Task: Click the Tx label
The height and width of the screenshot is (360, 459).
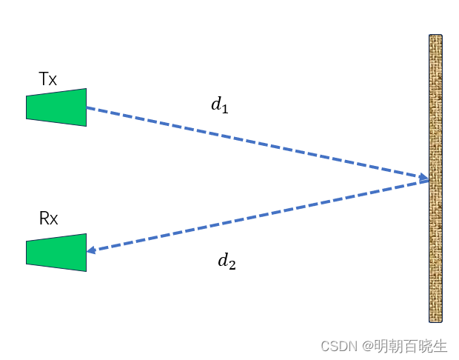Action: tap(48, 79)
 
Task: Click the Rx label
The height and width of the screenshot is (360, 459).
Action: tap(49, 218)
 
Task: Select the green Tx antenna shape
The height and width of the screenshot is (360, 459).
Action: tap(56, 107)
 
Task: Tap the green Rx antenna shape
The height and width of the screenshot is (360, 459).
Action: tap(56, 253)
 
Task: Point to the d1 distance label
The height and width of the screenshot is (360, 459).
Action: tap(219, 106)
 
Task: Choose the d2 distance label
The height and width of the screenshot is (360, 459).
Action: tap(226, 261)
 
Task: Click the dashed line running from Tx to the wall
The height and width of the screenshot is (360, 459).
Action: tap(252, 142)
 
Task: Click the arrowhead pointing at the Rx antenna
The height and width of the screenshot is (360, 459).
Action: tap(91, 250)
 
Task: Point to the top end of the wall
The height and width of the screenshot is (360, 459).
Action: tap(435, 37)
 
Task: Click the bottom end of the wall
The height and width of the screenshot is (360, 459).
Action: tap(435, 319)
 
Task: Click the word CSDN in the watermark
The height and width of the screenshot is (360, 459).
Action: tap(335, 346)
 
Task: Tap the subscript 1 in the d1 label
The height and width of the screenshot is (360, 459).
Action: tap(224, 110)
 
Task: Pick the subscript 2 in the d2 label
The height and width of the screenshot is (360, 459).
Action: tap(232, 264)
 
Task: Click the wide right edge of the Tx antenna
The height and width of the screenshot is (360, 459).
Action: tap(85, 107)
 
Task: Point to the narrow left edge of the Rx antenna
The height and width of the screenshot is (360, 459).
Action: tap(27, 253)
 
